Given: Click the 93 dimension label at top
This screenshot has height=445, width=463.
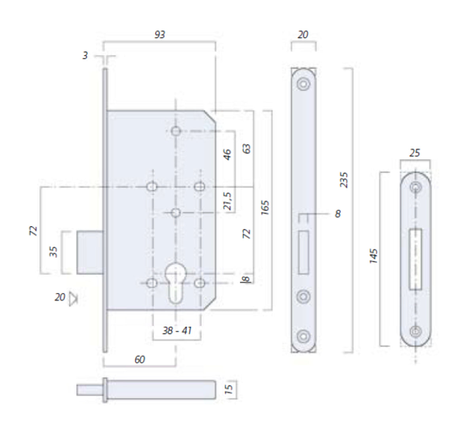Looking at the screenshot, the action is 160,34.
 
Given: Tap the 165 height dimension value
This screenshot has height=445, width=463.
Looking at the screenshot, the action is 265,208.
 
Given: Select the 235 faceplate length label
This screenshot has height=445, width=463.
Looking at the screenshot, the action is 344,180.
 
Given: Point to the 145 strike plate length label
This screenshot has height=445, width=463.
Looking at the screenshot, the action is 373,256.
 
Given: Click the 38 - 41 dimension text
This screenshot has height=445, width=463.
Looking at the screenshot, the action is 177,330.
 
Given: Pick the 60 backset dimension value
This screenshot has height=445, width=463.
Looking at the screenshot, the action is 140,359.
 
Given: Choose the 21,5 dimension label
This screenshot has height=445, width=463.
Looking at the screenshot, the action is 228,201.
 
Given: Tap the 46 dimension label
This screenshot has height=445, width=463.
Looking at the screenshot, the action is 227,154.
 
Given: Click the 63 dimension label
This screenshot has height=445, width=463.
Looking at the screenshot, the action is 246,148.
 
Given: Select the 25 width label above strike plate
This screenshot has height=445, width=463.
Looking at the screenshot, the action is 415,153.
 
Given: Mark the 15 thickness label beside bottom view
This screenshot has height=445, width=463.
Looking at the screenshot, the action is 229,390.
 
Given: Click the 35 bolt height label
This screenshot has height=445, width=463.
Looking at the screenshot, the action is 53,252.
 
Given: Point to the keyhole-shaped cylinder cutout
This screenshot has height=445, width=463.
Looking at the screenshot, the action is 176,283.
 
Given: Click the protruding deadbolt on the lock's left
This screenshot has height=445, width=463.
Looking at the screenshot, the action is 90,253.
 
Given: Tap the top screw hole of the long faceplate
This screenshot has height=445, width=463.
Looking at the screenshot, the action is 303,84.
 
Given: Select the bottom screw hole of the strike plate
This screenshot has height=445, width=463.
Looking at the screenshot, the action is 416,331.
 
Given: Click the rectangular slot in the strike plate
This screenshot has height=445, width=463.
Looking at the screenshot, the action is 416,259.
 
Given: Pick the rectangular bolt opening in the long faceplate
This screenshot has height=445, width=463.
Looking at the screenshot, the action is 304,253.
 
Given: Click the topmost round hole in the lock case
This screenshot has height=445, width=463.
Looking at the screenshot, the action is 176,131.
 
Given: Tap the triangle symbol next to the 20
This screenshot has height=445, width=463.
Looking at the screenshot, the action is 73,298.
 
